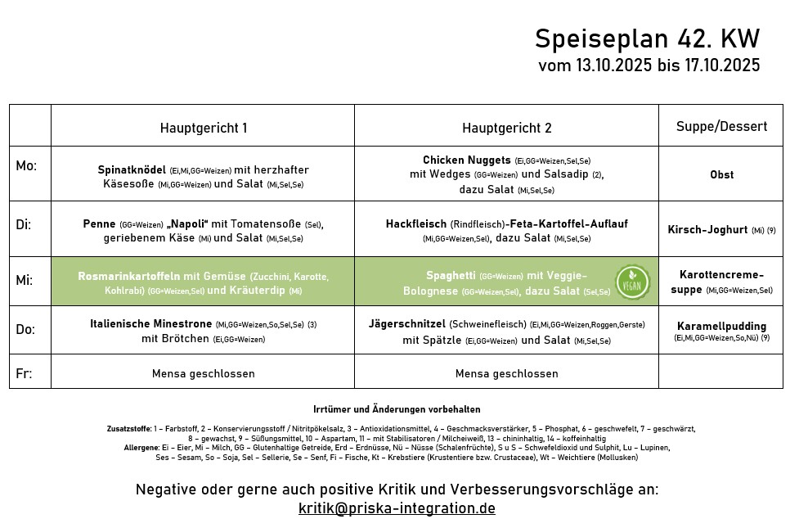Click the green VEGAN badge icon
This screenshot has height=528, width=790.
click(632, 282)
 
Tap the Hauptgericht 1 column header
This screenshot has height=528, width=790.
click(203, 128)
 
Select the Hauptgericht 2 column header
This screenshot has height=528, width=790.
click(506, 128)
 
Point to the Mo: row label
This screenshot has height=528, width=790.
click(26, 166)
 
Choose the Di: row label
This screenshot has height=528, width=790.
click(24, 223)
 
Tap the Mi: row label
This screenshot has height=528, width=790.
click(25, 280)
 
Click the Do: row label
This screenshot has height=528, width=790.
click(25, 329)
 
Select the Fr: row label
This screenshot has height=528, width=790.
click(24, 373)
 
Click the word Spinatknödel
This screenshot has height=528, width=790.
click(132, 169)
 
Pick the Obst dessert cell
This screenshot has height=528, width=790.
click(721, 174)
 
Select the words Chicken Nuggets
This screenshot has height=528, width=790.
click(466, 160)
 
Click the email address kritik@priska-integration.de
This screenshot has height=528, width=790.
click(397, 508)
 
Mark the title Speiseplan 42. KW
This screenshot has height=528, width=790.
click(647, 38)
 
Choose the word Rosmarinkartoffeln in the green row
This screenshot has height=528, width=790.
click(129, 276)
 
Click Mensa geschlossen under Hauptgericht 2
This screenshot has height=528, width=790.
click(506, 373)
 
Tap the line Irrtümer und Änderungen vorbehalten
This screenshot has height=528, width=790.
click(397, 409)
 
